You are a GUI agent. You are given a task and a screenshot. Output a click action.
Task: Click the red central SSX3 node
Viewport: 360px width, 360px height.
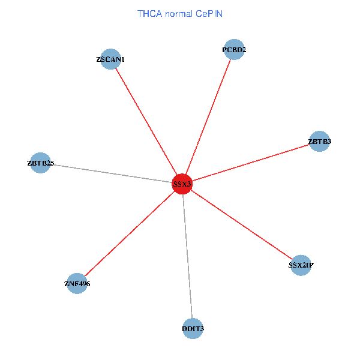pos(182,184)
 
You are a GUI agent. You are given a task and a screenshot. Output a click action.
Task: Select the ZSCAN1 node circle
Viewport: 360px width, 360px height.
pos(111,59)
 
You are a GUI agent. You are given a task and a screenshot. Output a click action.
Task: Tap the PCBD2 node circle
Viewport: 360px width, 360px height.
pos(234,50)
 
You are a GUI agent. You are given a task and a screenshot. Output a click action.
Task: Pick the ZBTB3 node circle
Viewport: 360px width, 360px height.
pos(319,142)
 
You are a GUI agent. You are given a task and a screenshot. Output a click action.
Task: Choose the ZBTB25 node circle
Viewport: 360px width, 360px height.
pos(40,163)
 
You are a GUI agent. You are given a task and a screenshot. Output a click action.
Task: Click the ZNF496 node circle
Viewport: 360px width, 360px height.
pos(77,283)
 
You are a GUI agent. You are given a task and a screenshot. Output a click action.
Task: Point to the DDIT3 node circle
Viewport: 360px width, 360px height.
pos(193,328)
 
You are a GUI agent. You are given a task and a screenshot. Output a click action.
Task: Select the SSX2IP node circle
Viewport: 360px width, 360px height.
pos(301,265)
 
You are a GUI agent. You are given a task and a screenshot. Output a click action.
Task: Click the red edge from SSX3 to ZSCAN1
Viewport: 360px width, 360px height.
pos(146,121)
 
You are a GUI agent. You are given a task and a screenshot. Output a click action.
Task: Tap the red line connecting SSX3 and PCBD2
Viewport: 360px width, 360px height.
pos(208,116)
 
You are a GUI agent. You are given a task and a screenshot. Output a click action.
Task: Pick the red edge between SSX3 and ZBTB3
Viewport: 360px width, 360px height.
pos(251,163)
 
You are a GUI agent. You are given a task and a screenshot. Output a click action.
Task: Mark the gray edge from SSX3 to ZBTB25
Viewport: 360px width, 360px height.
pos(111,173)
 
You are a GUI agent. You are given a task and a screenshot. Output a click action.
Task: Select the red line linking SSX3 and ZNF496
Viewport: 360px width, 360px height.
pos(130,233)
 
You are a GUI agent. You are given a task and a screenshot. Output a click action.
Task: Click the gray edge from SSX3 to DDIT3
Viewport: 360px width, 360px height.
pos(187,256)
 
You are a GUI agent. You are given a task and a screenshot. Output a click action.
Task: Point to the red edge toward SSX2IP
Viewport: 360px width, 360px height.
pos(241,224)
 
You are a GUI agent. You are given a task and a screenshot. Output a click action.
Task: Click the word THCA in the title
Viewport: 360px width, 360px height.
pos(149,13)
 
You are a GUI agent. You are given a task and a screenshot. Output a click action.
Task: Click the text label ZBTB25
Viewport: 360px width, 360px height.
pos(40,163)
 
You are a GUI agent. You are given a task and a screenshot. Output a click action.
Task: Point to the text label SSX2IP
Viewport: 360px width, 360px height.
pos(301,265)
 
